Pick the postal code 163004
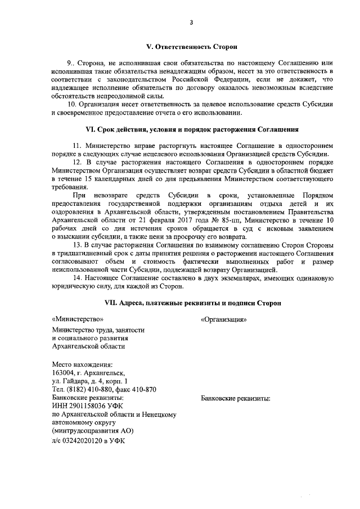(x=63, y=372)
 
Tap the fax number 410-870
(x=143, y=390)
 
